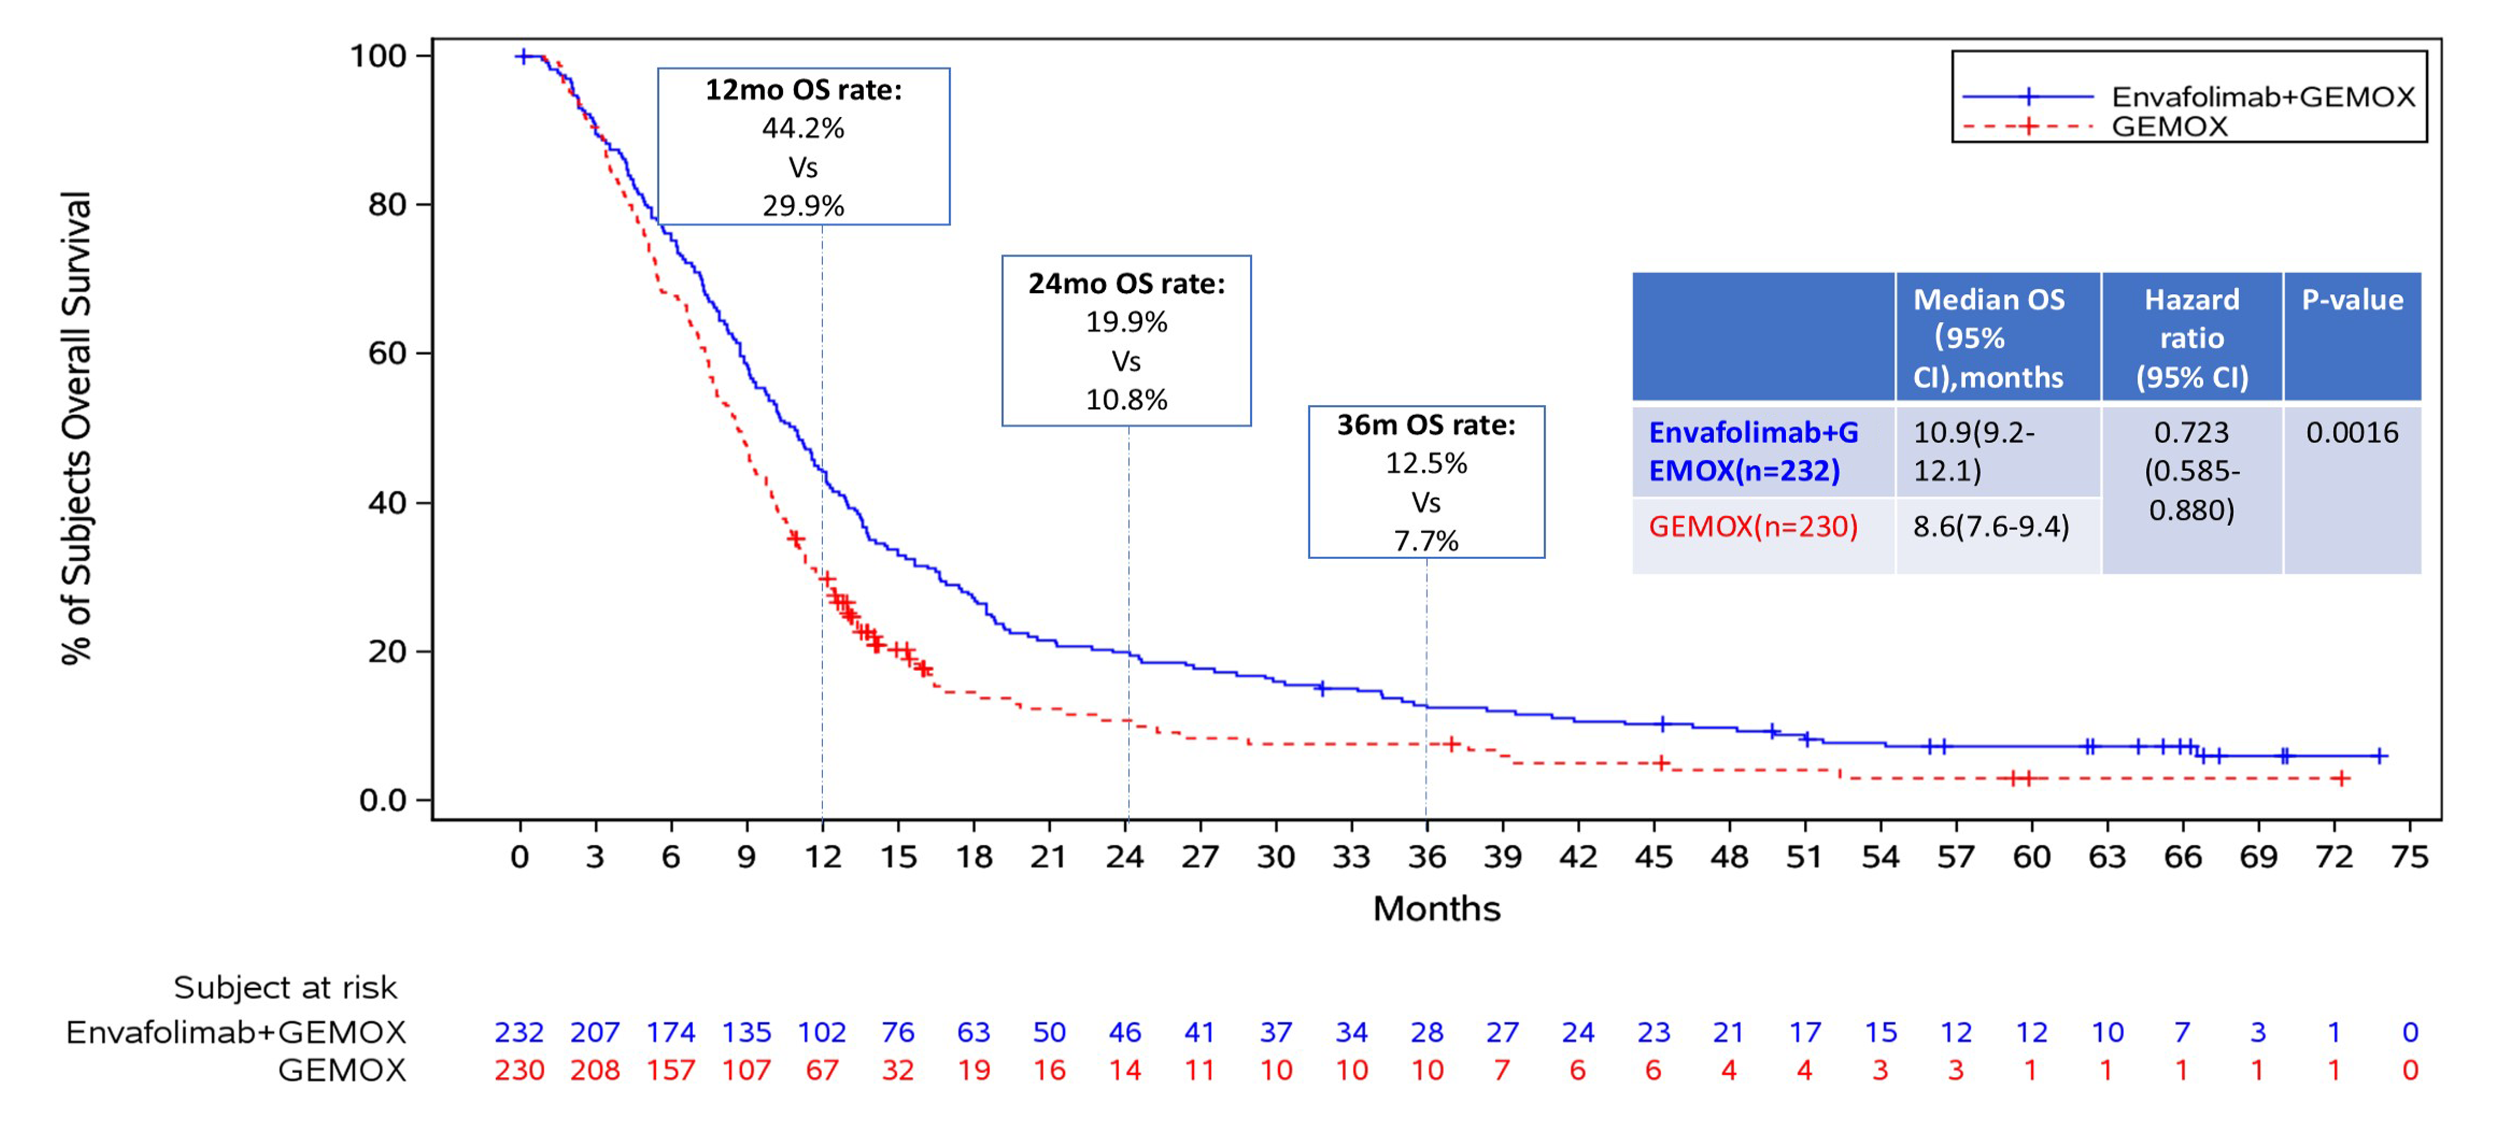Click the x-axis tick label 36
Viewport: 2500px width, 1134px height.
click(x=1426, y=857)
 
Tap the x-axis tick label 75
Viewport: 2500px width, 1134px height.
click(x=2410, y=857)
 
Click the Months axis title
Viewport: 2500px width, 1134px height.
click(x=1436, y=909)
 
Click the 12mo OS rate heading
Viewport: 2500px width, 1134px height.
click(x=803, y=90)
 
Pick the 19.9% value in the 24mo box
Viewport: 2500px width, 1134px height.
click(x=1126, y=322)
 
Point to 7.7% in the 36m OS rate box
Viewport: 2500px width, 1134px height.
click(x=1426, y=541)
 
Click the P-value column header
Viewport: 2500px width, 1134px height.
click(x=2352, y=300)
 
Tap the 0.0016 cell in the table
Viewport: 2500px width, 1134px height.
click(x=2352, y=432)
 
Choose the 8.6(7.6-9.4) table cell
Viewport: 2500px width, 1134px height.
click(x=1991, y=527)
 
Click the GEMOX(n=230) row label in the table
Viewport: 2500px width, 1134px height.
click(x=1753, y=527)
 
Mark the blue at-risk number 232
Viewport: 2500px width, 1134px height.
click(x=519, y=1032)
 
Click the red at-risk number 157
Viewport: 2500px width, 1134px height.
click(x=671, y=1071)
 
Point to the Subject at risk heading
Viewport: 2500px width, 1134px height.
click(x=285, y=987)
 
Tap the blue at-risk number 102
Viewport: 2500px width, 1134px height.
click(x=822, y=1032)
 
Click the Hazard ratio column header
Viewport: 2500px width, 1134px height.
click(x=2192, y=338)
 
